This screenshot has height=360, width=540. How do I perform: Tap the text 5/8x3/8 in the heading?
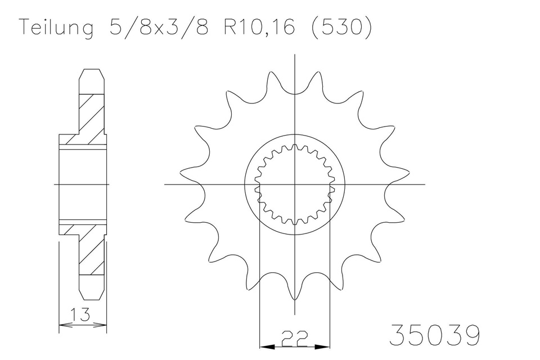pos(159,27)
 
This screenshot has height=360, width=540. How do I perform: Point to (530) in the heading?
pos(341,27)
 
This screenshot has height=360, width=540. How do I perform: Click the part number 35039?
pos(434,335)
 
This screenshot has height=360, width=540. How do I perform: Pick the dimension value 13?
pos(80,314)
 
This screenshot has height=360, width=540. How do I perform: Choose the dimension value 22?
pos(294,338)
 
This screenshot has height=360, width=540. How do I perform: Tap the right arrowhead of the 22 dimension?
pos(322,346)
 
